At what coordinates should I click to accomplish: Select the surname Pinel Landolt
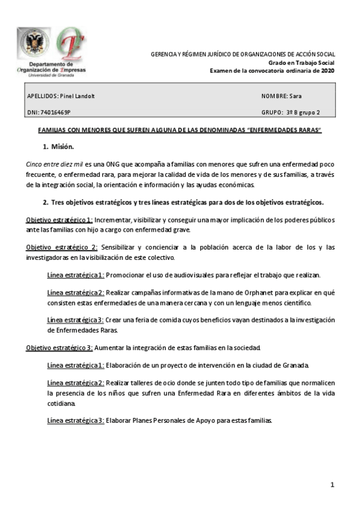pos(78,96)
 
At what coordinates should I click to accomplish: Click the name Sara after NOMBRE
pos(295,96)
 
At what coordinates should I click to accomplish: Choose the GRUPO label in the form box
pos(272,112)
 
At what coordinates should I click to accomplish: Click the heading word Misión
pos(63,147)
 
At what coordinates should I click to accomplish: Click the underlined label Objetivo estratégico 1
pos(59,220)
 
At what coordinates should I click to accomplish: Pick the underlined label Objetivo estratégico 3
pos(59,348)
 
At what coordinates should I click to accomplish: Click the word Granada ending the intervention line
pos(296,365)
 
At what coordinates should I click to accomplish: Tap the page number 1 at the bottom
pos(331,485)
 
